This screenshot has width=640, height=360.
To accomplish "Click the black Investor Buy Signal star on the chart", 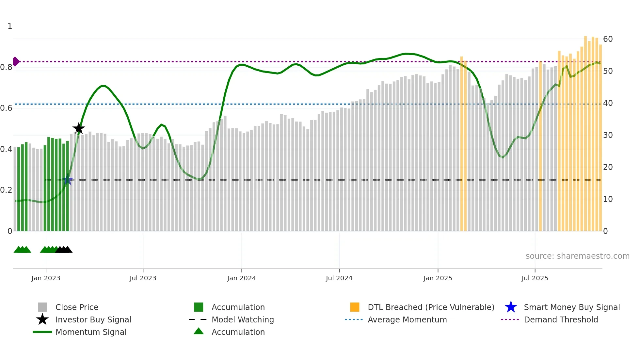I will point(78,128).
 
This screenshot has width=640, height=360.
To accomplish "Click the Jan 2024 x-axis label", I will point(241,278).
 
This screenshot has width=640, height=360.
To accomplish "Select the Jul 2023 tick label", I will point(143,278).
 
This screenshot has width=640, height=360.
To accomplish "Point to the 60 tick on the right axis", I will point(608,39).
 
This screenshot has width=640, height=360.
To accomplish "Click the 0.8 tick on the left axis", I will point(7,67).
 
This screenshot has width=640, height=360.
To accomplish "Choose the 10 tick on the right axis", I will point(608,199).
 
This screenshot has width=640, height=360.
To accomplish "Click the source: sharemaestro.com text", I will point(577,256).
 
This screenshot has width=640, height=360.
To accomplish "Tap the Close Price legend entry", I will point(76,307).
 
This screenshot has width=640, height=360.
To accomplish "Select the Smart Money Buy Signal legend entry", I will point(571,307).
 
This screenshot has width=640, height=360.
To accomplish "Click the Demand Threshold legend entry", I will point(561,319).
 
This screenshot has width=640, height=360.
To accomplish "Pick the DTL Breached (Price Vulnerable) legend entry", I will point(431,307).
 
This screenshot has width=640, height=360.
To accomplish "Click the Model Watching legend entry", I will point(242,319).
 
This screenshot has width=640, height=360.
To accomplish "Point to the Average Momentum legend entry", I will point(407,319).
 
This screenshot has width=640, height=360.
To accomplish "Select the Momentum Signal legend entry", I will point(90,332).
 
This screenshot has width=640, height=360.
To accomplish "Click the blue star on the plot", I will point(68,180).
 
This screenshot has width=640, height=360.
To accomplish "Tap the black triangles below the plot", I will point(64,250).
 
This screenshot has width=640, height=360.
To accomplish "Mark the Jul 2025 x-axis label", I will point(535,278).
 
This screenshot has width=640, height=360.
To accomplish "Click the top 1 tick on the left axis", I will point(10,26).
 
